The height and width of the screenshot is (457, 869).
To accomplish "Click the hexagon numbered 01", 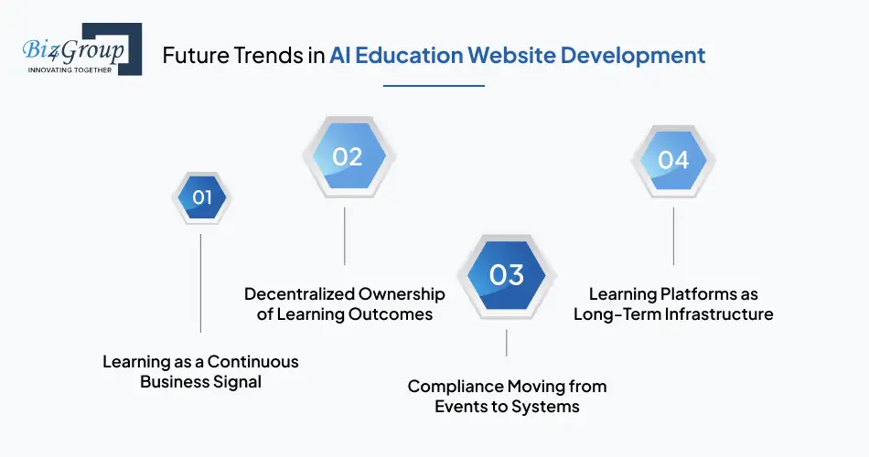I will (x=201, y=197).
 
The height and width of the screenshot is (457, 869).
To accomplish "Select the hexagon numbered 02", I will (x=347, y=157).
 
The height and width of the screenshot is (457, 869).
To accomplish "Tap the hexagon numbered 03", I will (x=506, y=274).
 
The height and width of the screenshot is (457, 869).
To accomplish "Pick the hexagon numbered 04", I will (x=673, y=160).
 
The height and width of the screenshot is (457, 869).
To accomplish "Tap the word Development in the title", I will (x=633, y=55).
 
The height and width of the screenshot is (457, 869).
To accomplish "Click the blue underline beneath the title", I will (x=434, y=86).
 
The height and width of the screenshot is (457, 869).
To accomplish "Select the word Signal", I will (x=236, y=382).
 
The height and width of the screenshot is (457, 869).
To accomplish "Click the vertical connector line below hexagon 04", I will (x=674, y=236).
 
